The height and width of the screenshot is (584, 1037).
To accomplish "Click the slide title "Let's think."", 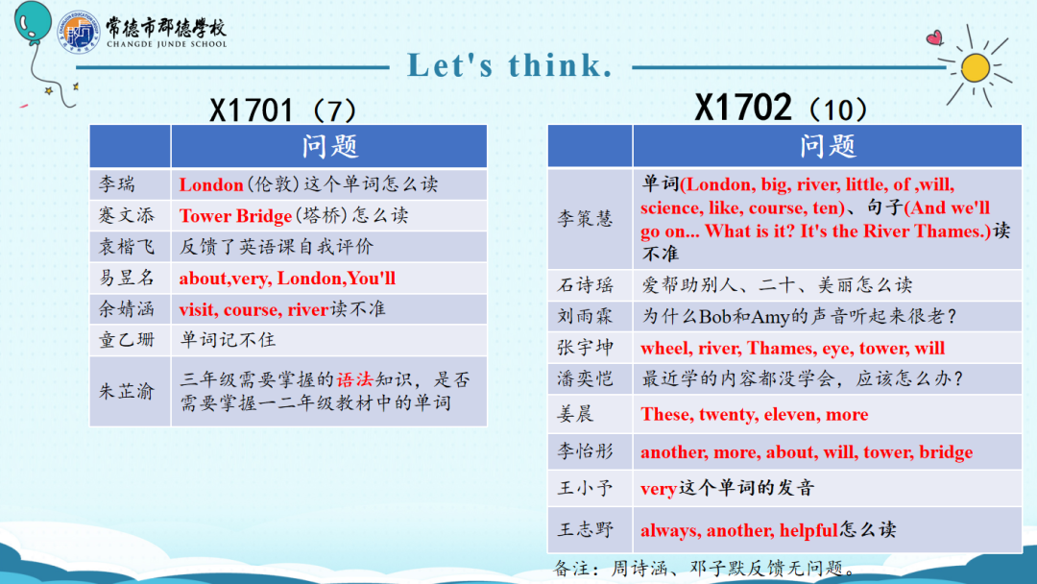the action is pos(509,65).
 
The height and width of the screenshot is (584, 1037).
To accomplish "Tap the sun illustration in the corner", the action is pos(976,67).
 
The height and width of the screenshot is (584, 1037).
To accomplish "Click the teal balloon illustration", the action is pos(33,24).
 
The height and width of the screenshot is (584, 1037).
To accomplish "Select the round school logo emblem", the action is pos(79,32).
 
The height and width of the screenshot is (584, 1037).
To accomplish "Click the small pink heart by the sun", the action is pos(934,37).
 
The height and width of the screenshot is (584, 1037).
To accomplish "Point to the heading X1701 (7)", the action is pos(282,109).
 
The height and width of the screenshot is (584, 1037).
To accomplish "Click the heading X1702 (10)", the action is pos(781,108).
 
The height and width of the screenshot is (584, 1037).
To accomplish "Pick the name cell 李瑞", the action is pos(131,183).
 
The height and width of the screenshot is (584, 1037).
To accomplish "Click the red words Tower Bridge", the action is pos(235,215).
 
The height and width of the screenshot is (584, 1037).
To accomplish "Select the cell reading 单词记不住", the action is pos(328,340).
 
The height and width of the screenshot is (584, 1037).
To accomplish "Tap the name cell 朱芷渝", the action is pos(131,391).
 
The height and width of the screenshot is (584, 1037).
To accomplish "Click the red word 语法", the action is pos(355,379).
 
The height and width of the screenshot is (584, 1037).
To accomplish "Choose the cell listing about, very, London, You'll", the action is pos(328,278).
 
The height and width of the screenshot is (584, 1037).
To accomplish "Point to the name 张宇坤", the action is pos(586,348).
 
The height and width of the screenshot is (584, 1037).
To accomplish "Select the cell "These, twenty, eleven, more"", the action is pos(827,414).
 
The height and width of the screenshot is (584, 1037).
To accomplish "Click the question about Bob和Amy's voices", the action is pos(800,316).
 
